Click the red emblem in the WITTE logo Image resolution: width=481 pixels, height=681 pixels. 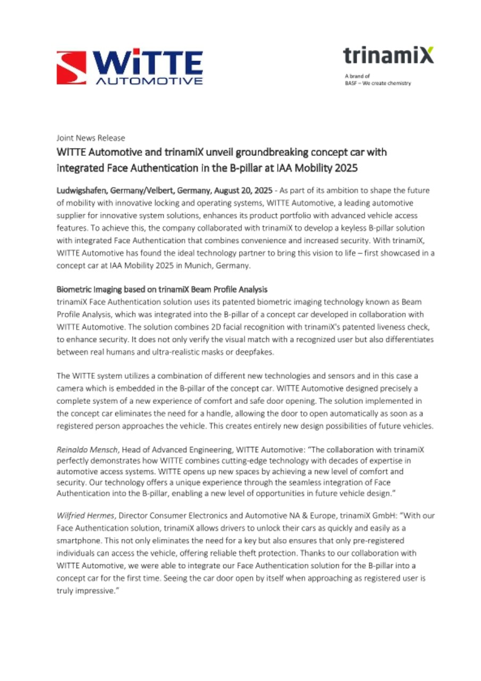tap(71, 68)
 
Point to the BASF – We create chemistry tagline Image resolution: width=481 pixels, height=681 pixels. tap(377, 84)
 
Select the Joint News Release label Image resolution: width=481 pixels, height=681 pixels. tap(91, 138)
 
